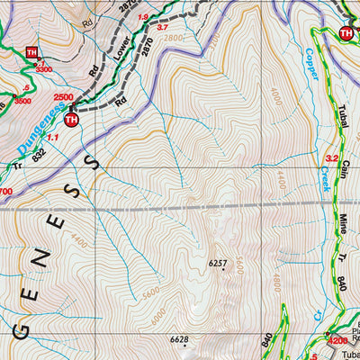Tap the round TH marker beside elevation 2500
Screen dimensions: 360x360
tap(72, 119)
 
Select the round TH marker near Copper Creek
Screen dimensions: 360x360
tap(346, 33)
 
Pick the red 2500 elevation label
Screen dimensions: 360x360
tap(62, 97)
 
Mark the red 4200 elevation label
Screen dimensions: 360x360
tap(337, 341)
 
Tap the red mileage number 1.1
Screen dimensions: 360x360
tap(51, 137)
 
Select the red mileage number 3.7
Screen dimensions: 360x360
tap(163, 28)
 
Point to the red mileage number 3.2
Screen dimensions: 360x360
tap(330, 159)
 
